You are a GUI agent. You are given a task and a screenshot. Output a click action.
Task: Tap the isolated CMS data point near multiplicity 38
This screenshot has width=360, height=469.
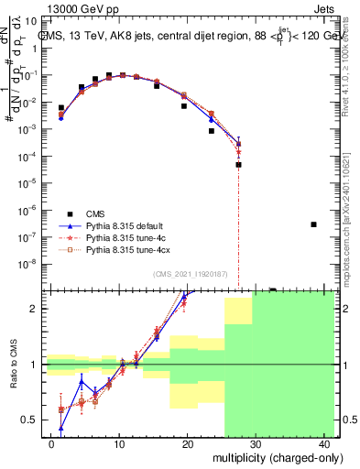(x=313, y=224)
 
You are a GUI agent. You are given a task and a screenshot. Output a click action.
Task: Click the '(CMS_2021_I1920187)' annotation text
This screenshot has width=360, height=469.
(x=189, y=274)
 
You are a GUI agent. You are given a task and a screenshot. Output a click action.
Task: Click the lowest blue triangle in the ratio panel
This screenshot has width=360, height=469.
(x=61, y=428)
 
